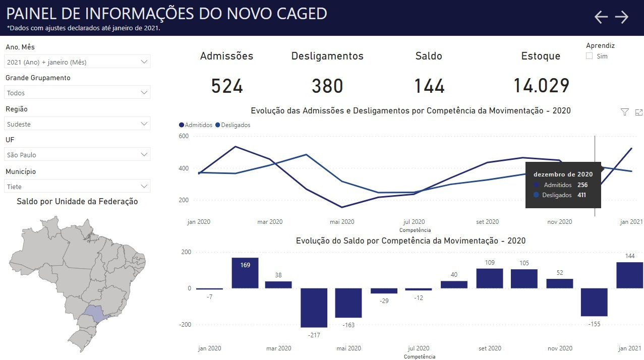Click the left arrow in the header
[601, 17]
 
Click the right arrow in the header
[622, 17]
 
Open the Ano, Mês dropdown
[77, 62]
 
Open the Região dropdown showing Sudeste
[77, 124]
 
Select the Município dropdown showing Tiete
[77, 187]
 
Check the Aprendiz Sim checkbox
[590, 56]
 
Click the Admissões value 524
[227, 86]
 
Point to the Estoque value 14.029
[541, 86]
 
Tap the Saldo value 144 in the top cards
[429, 86]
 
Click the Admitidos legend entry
[196, 125]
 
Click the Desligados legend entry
[233, 125]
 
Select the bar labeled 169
[245, 273]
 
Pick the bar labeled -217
[314, 308]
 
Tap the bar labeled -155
[594, 302]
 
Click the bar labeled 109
[490, 278]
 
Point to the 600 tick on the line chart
[184, 136]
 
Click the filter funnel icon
[624, 112]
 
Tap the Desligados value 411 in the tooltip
[581, 195]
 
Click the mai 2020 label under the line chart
[342, 222]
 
